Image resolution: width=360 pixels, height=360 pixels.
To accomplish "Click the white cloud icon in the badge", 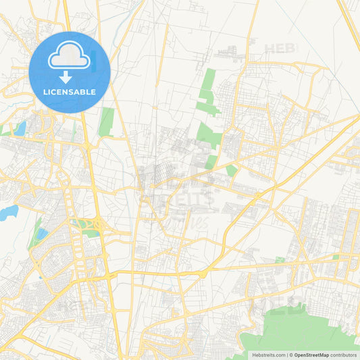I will coord(70,56).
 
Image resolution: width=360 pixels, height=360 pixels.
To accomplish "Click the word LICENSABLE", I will coord(70,92).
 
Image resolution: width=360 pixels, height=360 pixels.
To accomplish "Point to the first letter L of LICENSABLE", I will coord(45,92).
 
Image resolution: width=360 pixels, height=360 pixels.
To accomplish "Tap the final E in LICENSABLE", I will coord(93,92).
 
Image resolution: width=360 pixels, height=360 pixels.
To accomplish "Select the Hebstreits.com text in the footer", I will coord(268,355).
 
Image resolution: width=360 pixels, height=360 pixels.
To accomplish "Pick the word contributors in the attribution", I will coord(344,355).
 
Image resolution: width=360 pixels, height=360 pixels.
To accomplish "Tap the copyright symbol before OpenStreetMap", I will coord(291,355).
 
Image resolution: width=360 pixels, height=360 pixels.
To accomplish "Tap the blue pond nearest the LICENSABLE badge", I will coord(20,128).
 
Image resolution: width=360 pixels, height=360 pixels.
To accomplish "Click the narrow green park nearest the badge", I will coord(106,122).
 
